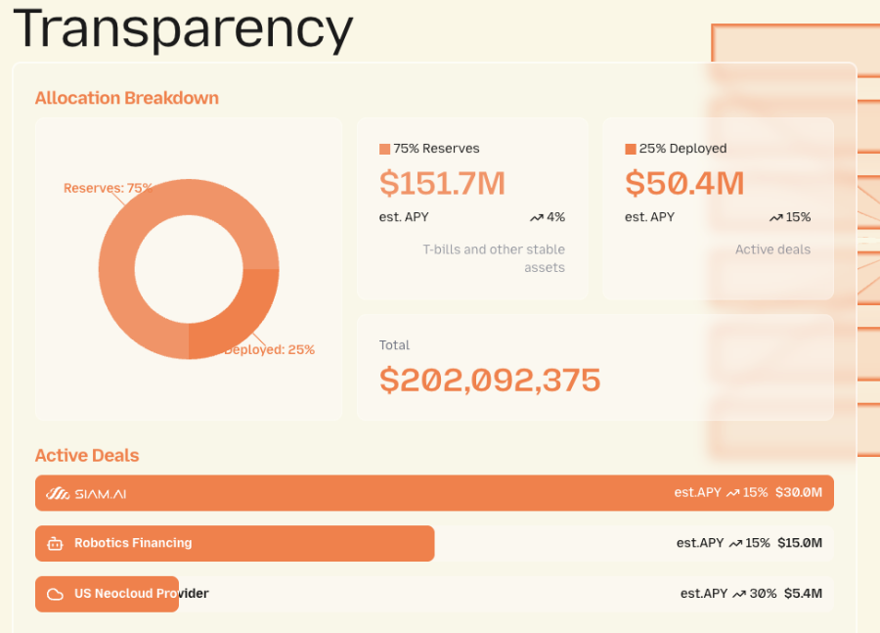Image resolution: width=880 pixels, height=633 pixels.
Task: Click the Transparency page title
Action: tap(183, 28)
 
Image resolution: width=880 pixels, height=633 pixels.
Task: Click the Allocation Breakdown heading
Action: tap(127, 98)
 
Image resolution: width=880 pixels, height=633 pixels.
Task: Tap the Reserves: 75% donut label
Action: tap(108, 188)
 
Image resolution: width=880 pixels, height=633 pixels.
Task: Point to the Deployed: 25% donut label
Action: tap(270, 349)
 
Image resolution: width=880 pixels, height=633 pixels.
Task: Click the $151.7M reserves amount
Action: tap(442, 183)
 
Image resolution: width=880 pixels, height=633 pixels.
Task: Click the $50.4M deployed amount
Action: tap(684, 183)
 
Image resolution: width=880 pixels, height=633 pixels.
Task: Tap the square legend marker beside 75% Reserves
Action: tap(384, 149)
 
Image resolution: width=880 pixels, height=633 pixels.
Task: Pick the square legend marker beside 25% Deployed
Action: tap(630, 149)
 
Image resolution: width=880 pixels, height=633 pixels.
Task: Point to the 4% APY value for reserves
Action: tap(555, 217)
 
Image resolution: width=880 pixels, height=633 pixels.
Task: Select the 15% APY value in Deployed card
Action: tap(798, 217)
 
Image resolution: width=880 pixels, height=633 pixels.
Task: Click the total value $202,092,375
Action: tap(490, 380)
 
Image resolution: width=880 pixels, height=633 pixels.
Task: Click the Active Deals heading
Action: tap(87, 455)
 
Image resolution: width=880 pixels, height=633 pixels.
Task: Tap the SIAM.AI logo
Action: tap(87, 493)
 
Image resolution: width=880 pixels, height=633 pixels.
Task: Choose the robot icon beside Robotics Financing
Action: tap(56, 543)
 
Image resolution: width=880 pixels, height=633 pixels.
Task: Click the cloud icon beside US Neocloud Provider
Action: tap(56, 594)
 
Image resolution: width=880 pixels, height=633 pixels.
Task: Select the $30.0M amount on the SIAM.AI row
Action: tap(799, 492)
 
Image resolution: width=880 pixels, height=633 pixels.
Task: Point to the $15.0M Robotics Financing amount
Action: tap(800, 543)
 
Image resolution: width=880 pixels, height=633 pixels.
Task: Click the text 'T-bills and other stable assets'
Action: tap(494, 258)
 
